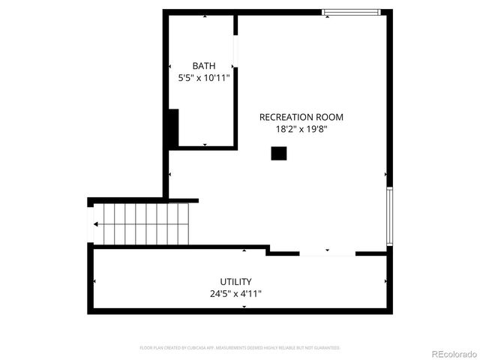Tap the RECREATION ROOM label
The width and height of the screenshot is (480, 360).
pos(301,117)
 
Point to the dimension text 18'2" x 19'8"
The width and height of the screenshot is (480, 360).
pos(301,128)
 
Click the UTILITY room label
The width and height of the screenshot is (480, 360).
pos(236,282)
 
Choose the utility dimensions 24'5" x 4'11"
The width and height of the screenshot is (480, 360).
pos(236,294)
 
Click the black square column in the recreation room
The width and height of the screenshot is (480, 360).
pos(279,153)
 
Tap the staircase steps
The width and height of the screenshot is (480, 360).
pos(142,223)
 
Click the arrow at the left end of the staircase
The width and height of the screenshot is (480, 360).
pos(96,223)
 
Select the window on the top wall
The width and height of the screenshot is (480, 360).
pos(351,12)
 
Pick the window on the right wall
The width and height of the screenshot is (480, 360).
pos(388,217)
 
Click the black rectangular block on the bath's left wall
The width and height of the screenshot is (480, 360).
pos(173,128)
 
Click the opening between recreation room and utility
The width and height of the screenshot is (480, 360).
pos(327,253)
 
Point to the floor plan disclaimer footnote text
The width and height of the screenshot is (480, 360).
pos(240,348)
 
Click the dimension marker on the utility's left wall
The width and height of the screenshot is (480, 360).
pos(94,281)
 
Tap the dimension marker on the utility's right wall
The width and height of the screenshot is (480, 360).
pos(385,281)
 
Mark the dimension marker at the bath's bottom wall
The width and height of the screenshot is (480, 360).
pos(205,144)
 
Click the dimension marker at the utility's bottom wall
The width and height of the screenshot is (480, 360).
pos(244,307)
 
